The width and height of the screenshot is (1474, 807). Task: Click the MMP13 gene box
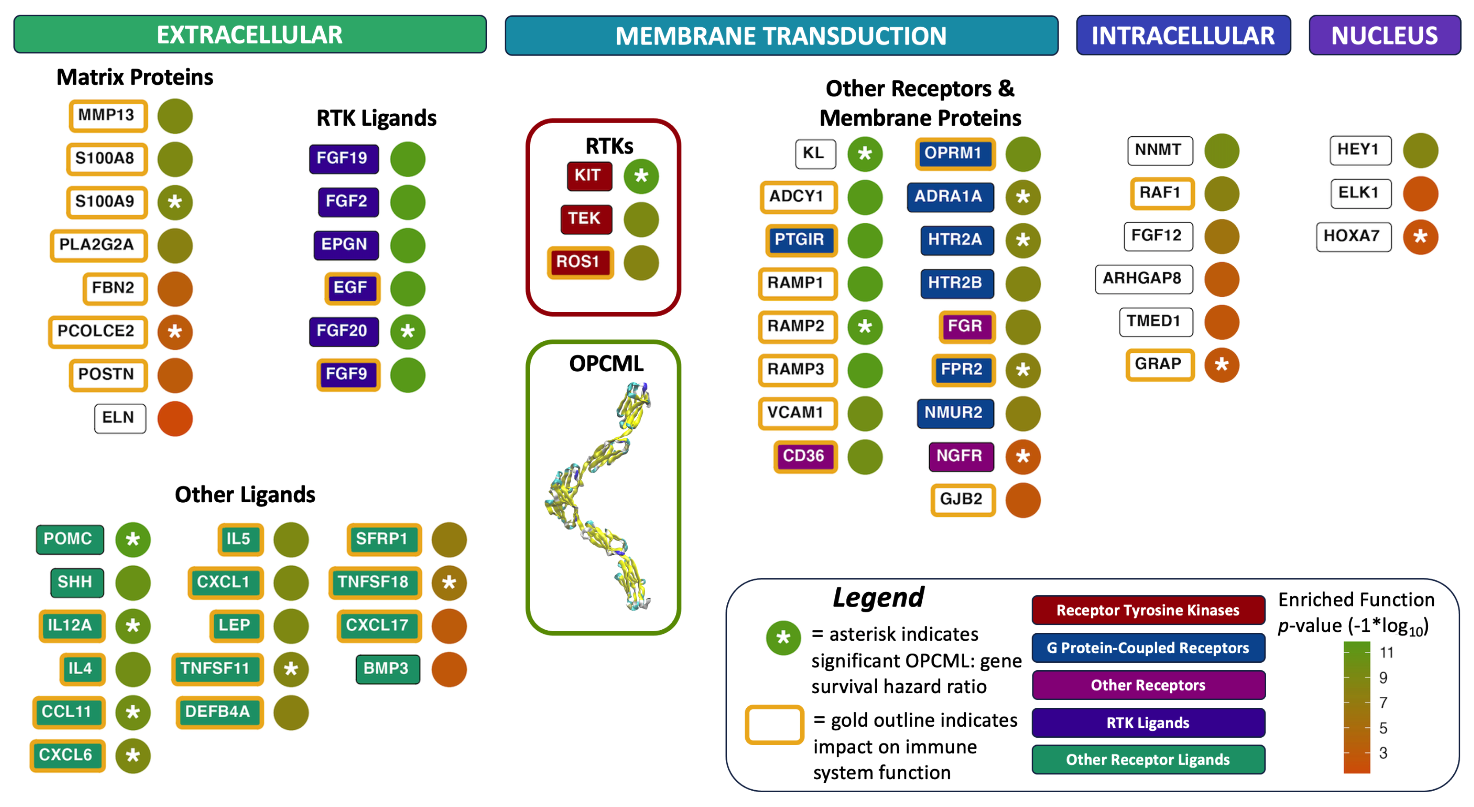coord(108,116)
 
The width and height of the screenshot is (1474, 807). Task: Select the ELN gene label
coord(120,418)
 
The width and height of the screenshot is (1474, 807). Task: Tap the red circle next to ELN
coord(175,418)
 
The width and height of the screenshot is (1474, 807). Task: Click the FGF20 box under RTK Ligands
coord(343,331)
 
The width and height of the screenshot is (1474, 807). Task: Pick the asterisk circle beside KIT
coord(641,176)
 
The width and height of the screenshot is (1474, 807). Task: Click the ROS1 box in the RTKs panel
coord(579,262)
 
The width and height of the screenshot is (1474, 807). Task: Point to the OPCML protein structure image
coord(601,497)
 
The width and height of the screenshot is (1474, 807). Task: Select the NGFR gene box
coord(961,456)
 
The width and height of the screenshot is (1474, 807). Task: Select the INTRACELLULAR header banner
coord(1183,35)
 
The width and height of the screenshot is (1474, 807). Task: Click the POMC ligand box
coord(69,539)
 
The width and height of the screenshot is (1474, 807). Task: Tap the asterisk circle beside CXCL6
coord(133,755)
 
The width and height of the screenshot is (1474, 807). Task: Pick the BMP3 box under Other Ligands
coord(387,669)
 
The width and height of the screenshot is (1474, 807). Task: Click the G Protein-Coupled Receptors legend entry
coord(1148,647)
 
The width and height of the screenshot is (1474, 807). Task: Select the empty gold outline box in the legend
coord(774,725)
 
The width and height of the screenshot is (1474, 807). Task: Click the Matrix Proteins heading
coord(135,77)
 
